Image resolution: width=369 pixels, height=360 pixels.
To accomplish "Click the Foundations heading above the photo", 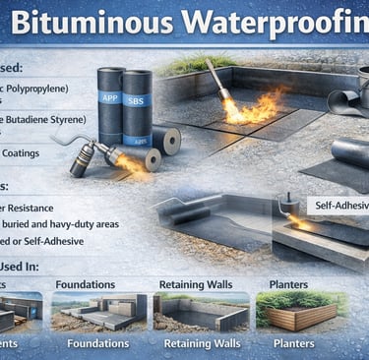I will click(87, 285).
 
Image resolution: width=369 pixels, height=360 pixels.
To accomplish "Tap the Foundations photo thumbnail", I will click(98, 311).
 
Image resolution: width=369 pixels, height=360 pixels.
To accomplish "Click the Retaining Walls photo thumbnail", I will click(197, 311).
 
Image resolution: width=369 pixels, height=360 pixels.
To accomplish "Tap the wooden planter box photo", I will click(299, 311).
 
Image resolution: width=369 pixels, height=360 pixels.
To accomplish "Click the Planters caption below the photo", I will click(295, 343).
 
